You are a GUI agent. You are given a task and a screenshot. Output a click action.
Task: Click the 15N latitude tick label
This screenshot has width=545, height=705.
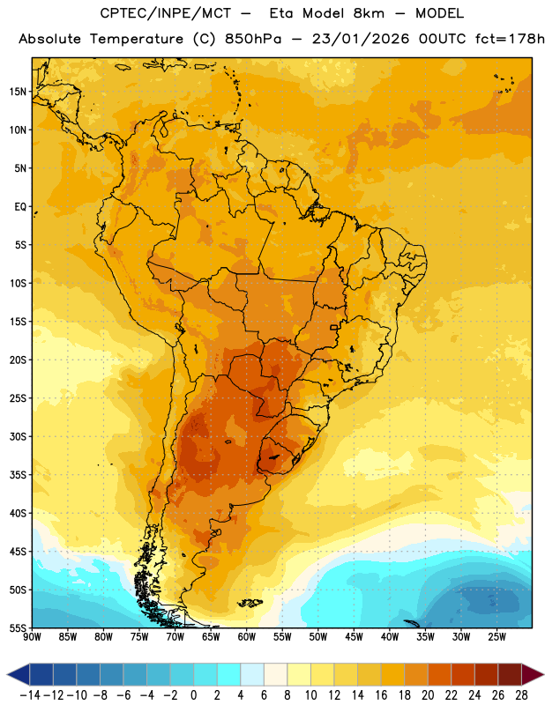(x=18, y=92)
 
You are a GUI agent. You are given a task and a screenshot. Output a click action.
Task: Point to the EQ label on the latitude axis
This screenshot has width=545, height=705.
(x=20, y=207)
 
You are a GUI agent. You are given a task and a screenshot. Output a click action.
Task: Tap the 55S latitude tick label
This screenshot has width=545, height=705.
(x=18, y=628)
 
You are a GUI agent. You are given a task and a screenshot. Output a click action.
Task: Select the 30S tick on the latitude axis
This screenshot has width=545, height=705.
(x=18, y=436)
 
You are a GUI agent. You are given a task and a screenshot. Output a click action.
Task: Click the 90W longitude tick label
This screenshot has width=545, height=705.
(x=33, y=637)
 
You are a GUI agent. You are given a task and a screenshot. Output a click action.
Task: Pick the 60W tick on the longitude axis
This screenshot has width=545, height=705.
(x=247, y=637)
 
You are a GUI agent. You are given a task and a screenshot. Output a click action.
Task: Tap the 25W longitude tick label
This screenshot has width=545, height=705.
(x=496, y=637)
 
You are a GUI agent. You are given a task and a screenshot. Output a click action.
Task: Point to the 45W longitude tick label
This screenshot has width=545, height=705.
(x=355, y=637)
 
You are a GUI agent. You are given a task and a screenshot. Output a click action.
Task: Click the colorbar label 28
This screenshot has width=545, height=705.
(x=521, y=695)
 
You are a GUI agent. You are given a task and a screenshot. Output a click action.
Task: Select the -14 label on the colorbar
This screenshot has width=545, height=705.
(x=31, y=695)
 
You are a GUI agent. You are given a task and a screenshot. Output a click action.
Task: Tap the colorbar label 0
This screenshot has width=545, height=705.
(x=193, y=695)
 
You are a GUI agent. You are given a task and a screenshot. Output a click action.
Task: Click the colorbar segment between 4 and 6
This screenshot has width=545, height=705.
(x=252, y=675)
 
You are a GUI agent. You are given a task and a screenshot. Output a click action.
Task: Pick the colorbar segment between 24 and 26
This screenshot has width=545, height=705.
(x=486, y=675)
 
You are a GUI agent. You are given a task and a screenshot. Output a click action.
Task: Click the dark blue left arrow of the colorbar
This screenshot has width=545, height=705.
(x=19, y=675)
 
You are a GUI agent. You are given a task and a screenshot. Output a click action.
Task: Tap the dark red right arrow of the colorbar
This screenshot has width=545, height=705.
(x=533, y=675)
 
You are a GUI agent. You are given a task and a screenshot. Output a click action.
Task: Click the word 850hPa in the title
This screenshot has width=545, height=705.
(x=253, y=39)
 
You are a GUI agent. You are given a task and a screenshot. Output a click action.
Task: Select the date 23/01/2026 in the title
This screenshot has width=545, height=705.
(x=361, y=39)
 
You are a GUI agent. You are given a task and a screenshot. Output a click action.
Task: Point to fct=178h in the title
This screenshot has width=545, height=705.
(x=510, y=39)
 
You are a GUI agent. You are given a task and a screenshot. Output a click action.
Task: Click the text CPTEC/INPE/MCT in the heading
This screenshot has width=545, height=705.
(x=166, y=13)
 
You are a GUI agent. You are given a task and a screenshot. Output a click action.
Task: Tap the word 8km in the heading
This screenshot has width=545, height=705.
(x=369, y=13)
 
